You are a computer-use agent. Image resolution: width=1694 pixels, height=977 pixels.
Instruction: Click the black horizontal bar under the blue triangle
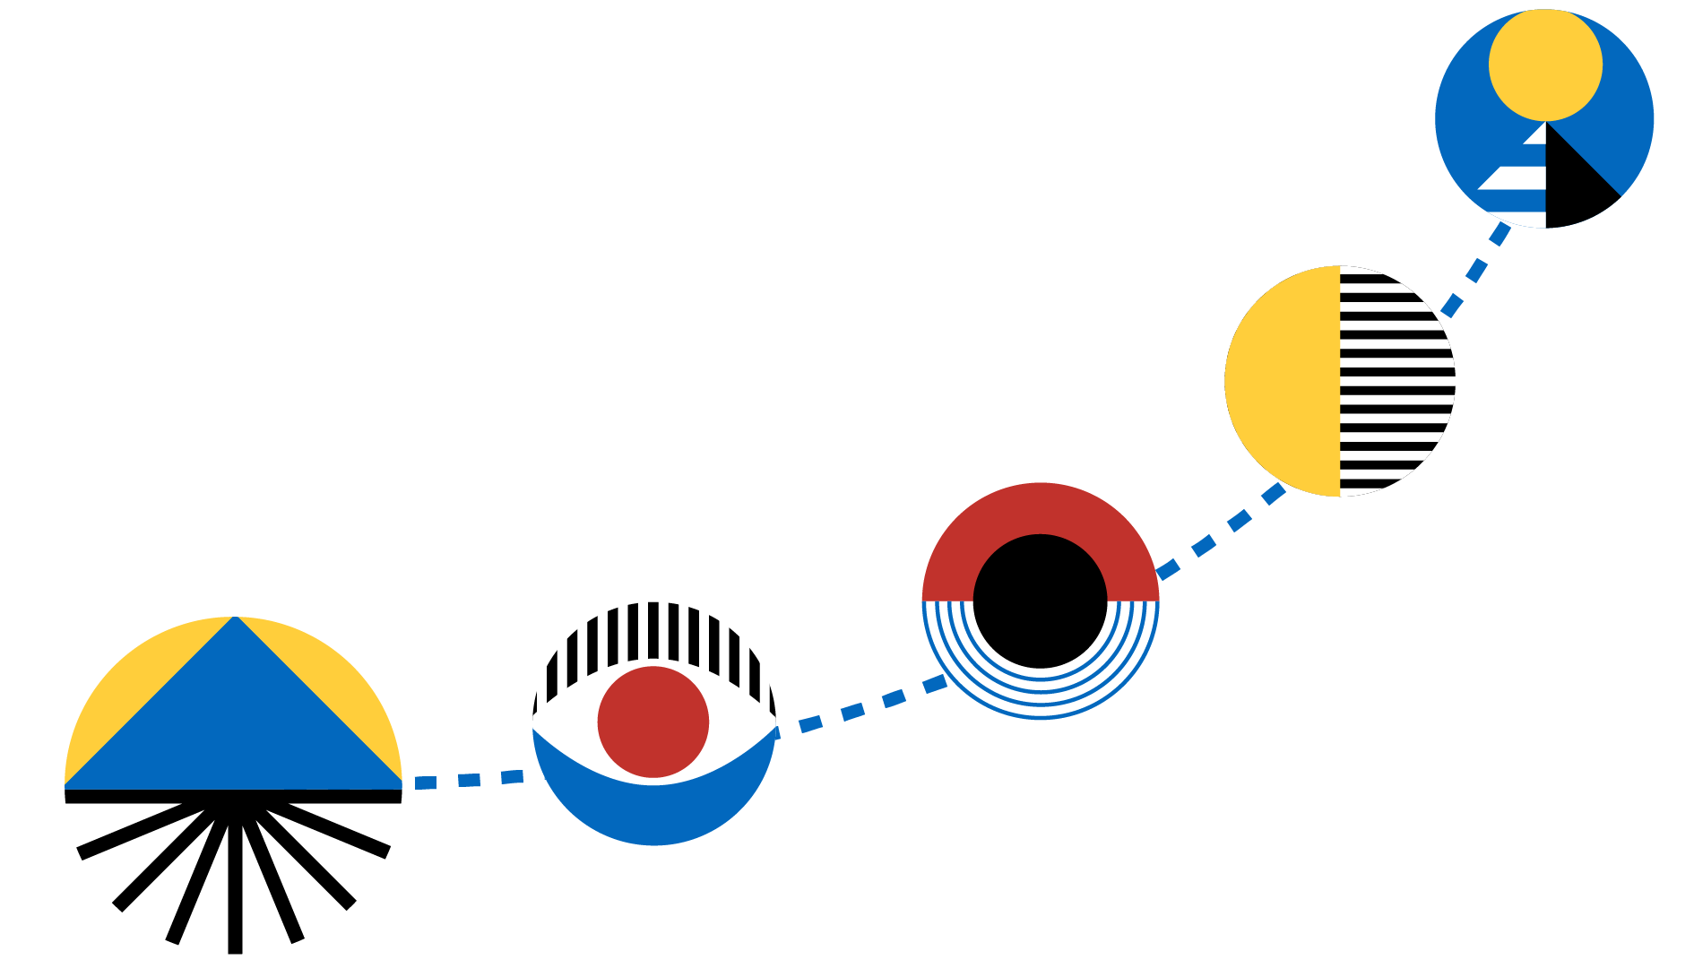[x=233, y=796]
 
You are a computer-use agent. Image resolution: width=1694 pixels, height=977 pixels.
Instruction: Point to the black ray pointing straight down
[x=235, y=887]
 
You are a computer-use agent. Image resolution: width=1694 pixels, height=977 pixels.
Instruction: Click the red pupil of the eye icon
[x=653, y=722]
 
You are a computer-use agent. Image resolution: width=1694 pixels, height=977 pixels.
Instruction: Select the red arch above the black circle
[x=1040, y=511]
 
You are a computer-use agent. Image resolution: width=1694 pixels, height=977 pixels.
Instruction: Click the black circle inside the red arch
[x=1040, y=601]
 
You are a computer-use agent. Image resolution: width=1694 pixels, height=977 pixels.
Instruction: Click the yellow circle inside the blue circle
[x=1545, y=65]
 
